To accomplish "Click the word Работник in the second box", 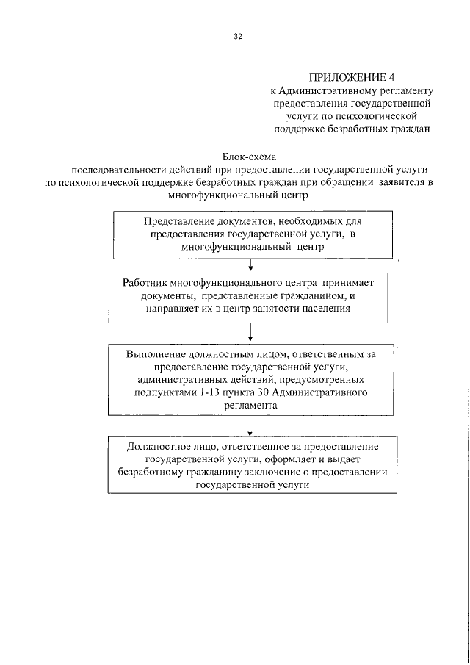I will (x=145, y=283).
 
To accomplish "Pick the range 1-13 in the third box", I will (x=210, y=393).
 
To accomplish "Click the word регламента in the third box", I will (x=251, y=406).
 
